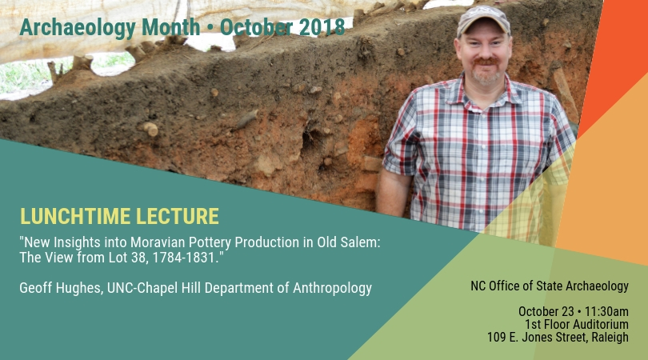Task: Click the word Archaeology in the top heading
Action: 78,28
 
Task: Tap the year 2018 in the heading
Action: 322,27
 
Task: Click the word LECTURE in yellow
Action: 178,216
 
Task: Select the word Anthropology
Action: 332,288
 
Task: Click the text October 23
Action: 546,311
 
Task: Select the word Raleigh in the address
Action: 610,337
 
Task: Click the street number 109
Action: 496,337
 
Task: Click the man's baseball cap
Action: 483,20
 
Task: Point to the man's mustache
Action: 486,62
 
